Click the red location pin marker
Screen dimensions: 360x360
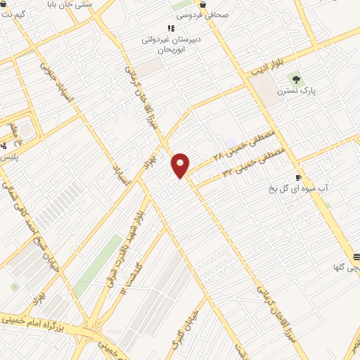click(x=181, y=166)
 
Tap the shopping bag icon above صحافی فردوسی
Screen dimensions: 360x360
click(x=203, y=4)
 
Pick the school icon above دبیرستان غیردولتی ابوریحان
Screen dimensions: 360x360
click(x=171, y=28)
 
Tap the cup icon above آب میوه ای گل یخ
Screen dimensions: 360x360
click(x=298, y=177)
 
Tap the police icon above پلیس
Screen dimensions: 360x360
click(x=4, y=146)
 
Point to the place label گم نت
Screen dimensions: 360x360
click(x=14, y=14)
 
